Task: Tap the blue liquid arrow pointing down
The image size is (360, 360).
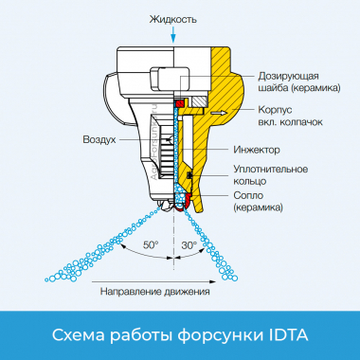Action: (173, 34)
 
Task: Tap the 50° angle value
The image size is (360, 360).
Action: (151, 244)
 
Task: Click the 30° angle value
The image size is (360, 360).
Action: (189, 244)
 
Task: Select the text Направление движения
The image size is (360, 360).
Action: (155, 292)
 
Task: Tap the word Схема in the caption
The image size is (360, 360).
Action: (80, 334)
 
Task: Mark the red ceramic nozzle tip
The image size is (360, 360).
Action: (187, 200)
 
